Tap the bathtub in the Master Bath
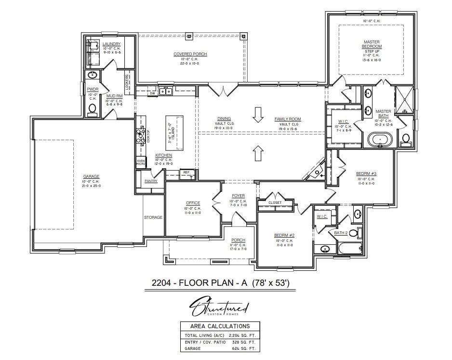coord(380,140)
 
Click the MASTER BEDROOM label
coord(372,44)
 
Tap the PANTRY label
coord(151,181)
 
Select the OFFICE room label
coord(193,203)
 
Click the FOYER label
coord(238,196)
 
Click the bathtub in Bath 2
coord(349,249)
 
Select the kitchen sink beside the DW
coord(166,91)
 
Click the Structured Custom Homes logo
coord(219,307)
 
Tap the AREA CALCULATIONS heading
coord(219,326)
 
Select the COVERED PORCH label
coord(190,54)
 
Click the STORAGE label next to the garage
coord(153,217)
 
